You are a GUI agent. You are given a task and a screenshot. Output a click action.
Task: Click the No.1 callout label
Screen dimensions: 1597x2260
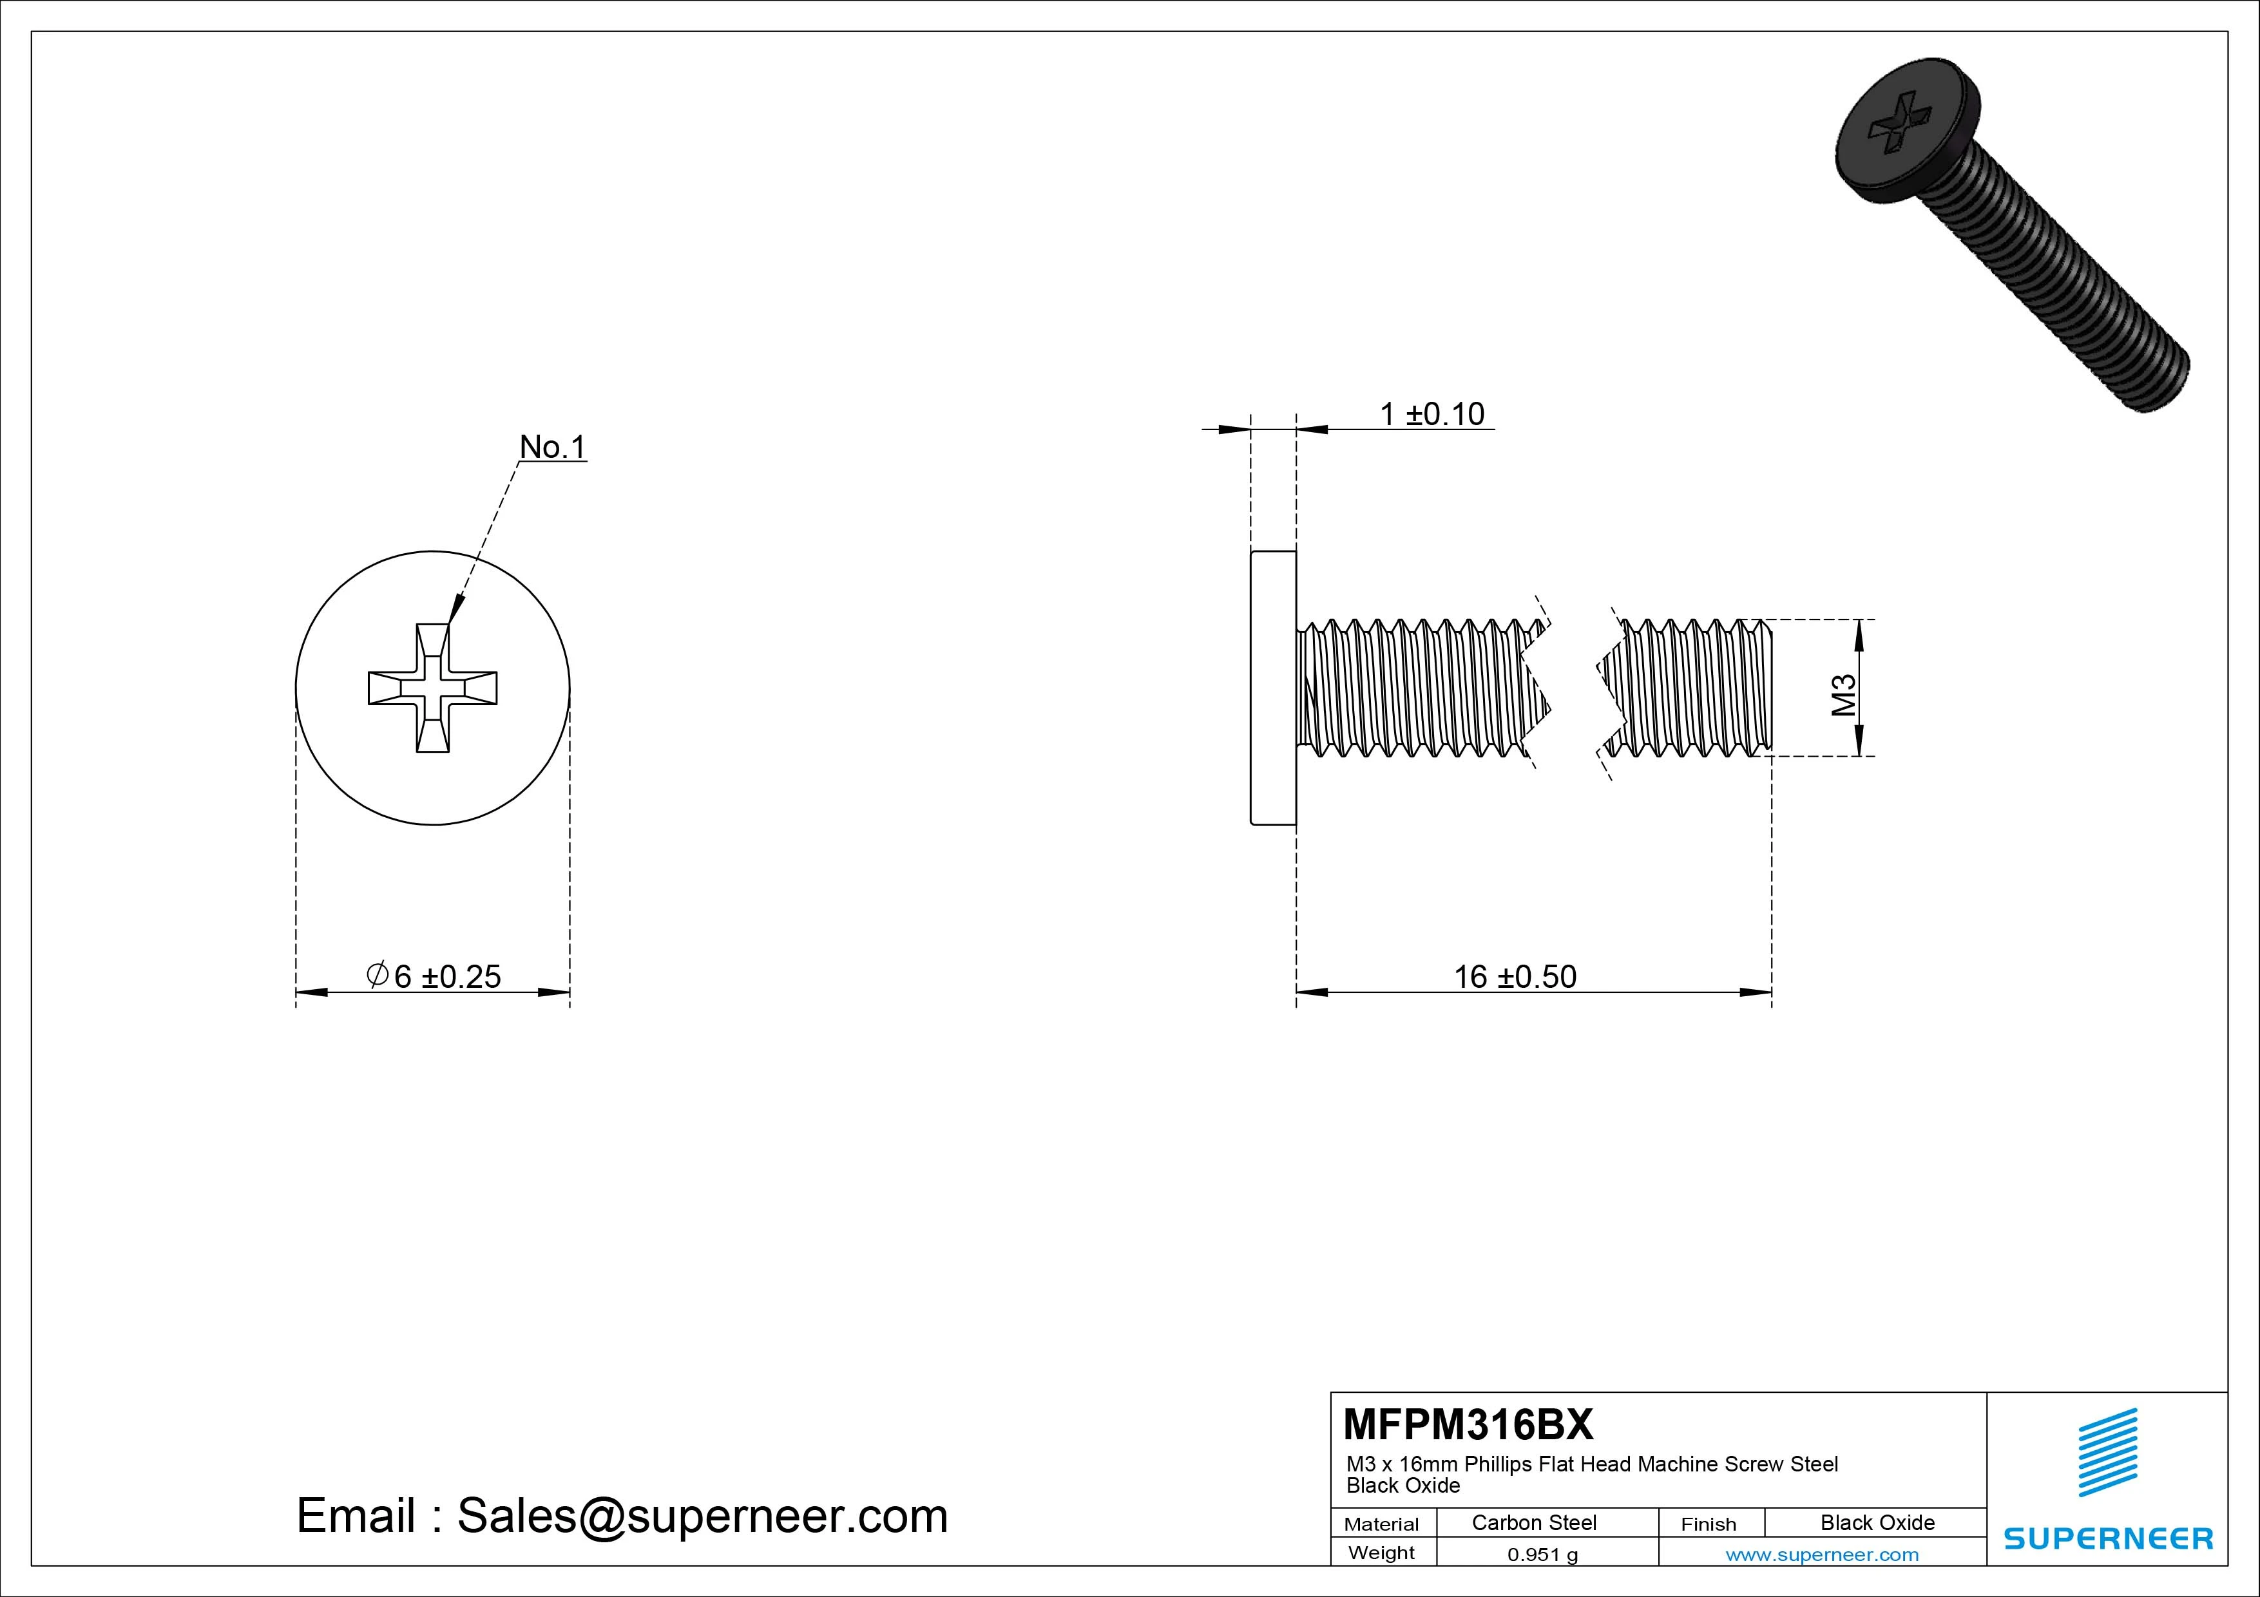552,447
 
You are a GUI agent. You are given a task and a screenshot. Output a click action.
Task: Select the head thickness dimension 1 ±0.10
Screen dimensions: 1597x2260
1432,414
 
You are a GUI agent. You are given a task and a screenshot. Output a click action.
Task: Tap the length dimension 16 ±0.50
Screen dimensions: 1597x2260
1515,976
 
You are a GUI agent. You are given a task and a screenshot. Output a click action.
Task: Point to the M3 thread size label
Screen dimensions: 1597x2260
1843,695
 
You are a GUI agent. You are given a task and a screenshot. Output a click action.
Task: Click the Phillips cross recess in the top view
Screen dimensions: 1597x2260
433,688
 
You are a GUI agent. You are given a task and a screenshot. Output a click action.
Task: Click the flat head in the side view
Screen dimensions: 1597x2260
1273,688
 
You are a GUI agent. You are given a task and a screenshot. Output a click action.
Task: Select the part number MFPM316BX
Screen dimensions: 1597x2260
1468,1424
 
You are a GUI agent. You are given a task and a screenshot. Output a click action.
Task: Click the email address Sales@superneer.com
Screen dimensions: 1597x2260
702,1515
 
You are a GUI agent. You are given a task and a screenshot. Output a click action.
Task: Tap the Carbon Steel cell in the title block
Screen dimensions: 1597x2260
1533,1522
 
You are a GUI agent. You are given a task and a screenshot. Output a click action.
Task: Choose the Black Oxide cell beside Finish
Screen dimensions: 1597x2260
1877,1522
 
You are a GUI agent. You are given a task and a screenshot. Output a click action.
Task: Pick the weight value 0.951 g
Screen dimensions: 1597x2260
1542,1554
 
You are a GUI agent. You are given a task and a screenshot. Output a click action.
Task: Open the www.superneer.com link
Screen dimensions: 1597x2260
1822,1554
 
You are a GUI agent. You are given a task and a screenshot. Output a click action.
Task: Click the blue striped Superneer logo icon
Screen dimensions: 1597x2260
2107,1451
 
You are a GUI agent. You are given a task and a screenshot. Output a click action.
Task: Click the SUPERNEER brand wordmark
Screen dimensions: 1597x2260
2107,1538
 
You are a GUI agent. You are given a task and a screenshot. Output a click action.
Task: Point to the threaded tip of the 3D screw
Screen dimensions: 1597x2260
2161,379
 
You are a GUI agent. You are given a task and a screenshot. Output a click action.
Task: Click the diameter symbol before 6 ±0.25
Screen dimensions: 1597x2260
377,975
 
